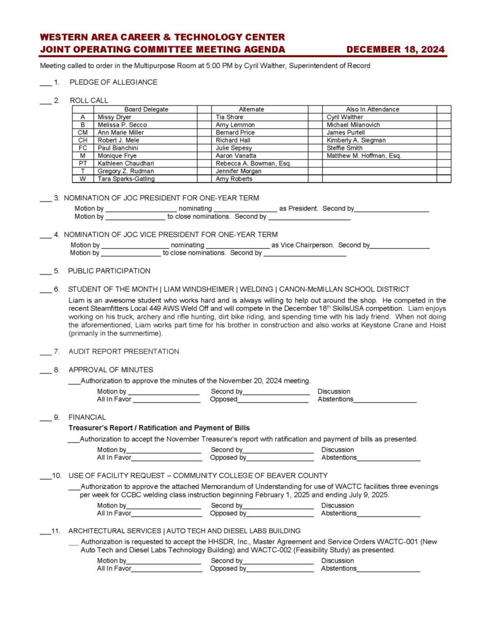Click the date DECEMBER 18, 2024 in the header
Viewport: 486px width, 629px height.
395,50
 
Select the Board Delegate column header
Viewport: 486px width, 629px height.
146,109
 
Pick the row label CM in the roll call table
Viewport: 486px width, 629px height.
82,133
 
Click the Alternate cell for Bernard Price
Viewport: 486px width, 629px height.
235,133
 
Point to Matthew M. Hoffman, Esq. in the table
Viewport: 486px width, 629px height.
364,156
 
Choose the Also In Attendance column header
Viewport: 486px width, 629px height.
373,109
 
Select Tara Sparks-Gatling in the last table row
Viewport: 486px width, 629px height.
126,179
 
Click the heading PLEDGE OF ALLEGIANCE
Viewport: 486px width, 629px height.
113,82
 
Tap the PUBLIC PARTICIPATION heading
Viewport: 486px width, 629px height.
109,271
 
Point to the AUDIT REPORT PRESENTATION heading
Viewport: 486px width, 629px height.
123,352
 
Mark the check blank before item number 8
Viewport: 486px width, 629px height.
45,371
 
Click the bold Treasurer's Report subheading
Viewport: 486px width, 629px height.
159,428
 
